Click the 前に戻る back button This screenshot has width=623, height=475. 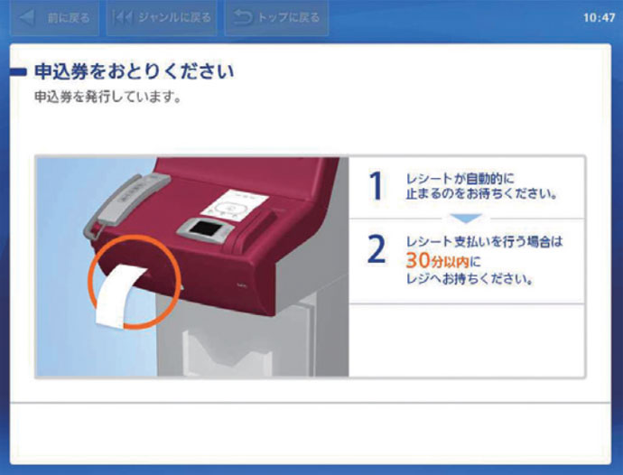pyautogui.click(x=54, y=18)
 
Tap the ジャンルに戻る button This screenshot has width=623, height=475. pyautogui.click(x=162, y=18)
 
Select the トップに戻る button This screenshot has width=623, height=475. pyautogui.click(x=276, y=18)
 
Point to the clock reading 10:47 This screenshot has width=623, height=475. pyautogui.click(x=600, y=18)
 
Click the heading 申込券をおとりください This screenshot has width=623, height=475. pyautogui.click(x=134, y=71)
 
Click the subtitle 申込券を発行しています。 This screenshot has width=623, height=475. pyautogui.click(x=107, y=97)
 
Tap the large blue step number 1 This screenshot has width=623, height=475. pyautogui.click(x=377, y=186)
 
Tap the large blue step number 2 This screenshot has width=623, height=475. pyautogui.click(x=377, y=249)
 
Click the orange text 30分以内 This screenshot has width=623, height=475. pyautogui.click(x=438, y=261)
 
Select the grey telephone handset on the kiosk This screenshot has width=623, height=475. pyautogui.click(x=126, y=202)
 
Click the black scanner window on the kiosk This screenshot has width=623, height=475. pyautogui.click(x=206, y=229)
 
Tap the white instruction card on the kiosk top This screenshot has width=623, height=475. pyautogui.click(x=234, y=206)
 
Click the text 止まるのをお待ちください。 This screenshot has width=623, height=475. pyautogui.click(x=481, y=194)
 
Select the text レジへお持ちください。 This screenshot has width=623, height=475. pyautogui.click(x=470, y=279)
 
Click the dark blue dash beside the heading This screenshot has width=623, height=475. pyautogui.click(x=18, y=72)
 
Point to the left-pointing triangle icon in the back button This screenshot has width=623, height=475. pyautogui.click(x=26, y=18)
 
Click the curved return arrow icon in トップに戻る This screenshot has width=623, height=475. pyautogui.click(x=242, y=18)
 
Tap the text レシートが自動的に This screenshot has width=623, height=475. pyautogui.click(x=460, y=179)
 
